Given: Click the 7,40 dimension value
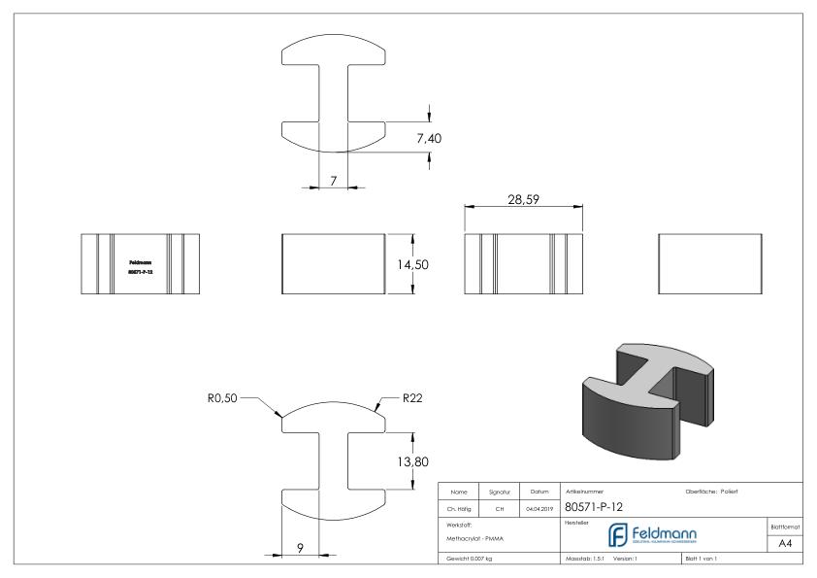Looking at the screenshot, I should [x=429, y=139].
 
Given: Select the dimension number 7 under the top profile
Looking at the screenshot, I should [x=332, y=182].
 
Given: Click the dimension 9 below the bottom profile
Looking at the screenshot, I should [x=302, y=548].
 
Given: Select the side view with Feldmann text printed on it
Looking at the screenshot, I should [x=139, y=264].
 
